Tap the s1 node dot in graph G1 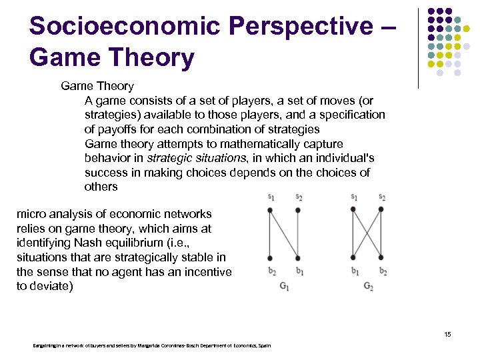tap(270, 210)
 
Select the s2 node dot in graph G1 tap(299, 210)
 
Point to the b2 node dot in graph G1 tap(270, 257)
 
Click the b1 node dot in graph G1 tap(299, 257)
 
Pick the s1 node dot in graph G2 tap(353, 210)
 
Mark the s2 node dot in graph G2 tap(381, 210)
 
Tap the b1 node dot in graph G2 tap(353, 257)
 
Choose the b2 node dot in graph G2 tap(381, 257)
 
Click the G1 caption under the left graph tap(285, 287)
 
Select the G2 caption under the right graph tap(369, 287)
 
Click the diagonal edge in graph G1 tap(285, 233)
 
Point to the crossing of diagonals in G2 tap(367, 233)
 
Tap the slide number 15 tap(447, 334)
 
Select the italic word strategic tap(169, 159)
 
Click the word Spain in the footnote tap(264, 345)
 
